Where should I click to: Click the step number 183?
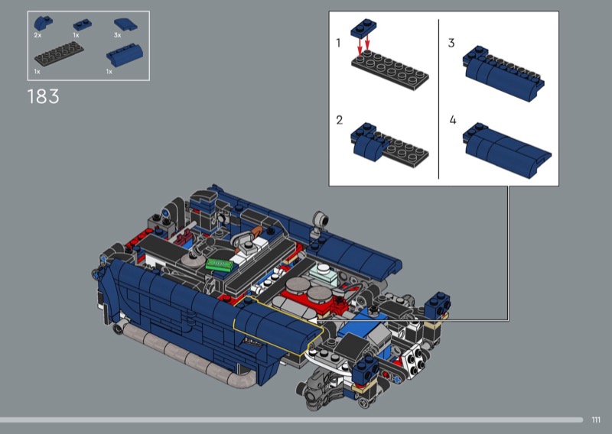(44, 96)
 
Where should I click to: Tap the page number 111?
(596, 419)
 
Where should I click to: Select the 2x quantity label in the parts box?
(37, 35)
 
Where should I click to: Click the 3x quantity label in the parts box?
(118, 35)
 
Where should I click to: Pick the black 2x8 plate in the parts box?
(59, 53)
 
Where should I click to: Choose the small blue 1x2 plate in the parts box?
(83, 24)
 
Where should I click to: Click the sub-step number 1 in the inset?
(338, 43)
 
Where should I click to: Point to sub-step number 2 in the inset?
(339, 120)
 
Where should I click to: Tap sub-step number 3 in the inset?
(451, 43)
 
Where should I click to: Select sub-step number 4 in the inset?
(452, 120)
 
